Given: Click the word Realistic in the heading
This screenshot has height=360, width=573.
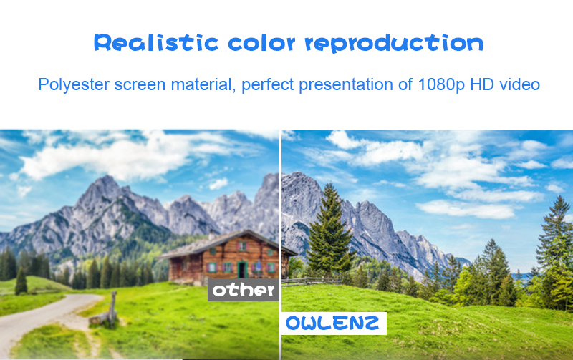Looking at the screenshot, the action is pos(156,42).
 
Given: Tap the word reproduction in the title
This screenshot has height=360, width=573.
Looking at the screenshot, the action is pos(395,44).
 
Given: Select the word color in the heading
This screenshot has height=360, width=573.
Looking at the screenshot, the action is pos(261,42).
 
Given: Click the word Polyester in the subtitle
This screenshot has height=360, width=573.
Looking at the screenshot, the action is pos(74,84).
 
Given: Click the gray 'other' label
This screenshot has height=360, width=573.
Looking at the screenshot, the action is pos(244,290).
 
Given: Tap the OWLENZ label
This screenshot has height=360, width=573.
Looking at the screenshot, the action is pos(334,323).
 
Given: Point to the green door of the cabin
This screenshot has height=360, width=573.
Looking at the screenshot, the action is pos(241,269).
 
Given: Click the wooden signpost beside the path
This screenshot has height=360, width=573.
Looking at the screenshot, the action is pos(113,308).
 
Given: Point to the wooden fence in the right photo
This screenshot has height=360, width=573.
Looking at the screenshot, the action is pos(312,281).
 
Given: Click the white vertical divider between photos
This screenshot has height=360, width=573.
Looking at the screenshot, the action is pos(280,245).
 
